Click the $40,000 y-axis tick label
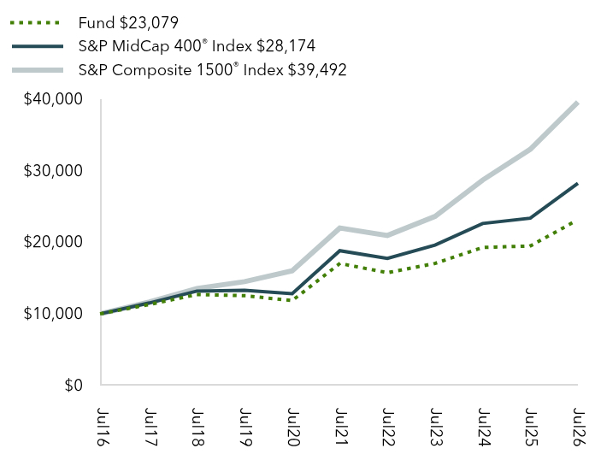click(53, 99)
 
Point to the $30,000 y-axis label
click(53, 171)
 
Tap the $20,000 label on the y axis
click(53, 242)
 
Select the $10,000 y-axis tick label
click(53, 314)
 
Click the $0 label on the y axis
click(74, 385)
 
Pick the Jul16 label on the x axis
click(102, 427)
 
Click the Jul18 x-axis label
click(197, 427)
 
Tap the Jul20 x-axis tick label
click(293, 427)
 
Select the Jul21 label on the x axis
click(341, 427)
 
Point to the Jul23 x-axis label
click(436, 427)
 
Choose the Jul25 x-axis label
click(531, 427)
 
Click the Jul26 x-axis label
click(579, 427)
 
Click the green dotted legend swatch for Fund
click(35, 23)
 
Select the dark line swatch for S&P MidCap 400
click(38, 46)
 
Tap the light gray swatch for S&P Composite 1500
click(38, 70)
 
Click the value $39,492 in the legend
click(317, 70)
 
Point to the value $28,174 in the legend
click(286, 46)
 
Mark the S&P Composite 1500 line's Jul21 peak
click(340, 228)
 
